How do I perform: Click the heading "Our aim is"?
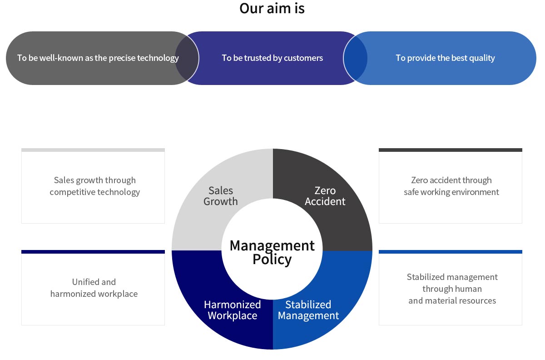[x=272, y=9]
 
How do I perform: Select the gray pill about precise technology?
[x=98, y=58]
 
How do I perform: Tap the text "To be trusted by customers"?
[x=272, y=58]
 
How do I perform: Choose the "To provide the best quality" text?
[x=445, y=58]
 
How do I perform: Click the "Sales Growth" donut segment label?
[x=221, y=196]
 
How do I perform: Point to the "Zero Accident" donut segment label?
[x=325, y=196]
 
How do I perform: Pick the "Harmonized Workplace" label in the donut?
[x=232, y=310]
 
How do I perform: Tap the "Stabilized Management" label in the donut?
[x=308, y=310]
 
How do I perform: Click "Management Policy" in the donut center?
[x=272, y=252]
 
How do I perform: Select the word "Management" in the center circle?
[x=272, y=245]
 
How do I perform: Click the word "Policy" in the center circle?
[x=272, y=260]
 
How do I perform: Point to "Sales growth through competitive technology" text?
[x=94, y=186]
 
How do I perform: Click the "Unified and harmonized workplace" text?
[x=94, y=288]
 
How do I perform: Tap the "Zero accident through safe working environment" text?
[x=451, y=186]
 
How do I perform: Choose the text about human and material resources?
[x=452, y=289]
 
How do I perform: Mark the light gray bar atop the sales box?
[x=93, y=150]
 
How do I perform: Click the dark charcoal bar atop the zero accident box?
[x=450, y=150]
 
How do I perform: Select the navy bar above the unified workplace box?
[x=93, y=252]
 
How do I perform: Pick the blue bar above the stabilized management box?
[x=450, y=252]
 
